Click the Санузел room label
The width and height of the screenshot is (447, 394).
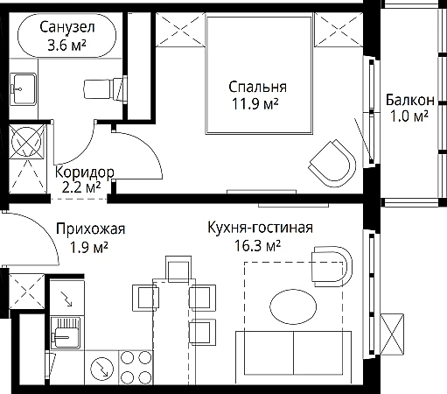tap(67, 27)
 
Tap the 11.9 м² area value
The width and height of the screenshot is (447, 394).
tap(255, 103)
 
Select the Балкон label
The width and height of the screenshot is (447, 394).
tap(410, 100)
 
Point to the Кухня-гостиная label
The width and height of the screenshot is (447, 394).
tap(260, 228)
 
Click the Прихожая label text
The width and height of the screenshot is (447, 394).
tap(91, 229)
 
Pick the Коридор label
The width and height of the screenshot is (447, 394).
tap(85, 172)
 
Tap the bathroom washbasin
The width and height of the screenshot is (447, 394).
tap(24, 89)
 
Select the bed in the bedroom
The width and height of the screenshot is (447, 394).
tap(259, 75)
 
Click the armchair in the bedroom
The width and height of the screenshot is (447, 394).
tap(332, 164)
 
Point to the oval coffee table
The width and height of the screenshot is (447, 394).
tap(293, 306)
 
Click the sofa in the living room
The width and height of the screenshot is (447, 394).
tap(293, 353)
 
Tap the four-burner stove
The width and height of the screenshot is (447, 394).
tap(136, 368)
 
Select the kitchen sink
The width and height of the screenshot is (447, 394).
tap(66, 333)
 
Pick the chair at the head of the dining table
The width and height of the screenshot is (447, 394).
tap(178, 269)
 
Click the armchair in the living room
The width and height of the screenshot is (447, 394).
tap(332, 266)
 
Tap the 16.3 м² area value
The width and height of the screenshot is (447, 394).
tap(257, 245)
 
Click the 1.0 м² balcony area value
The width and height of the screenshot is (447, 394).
tap(409, 116)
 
